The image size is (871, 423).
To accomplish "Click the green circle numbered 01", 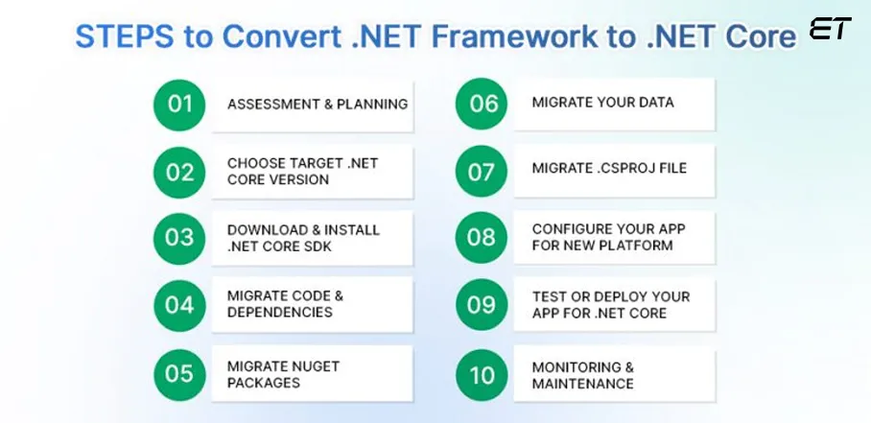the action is point(179,105).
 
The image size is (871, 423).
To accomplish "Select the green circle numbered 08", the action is point(481,238).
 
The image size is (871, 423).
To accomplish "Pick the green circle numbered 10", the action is point(482,375).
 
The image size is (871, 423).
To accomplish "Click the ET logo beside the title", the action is point(830,29).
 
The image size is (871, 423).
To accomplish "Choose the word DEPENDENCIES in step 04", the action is point(280,312).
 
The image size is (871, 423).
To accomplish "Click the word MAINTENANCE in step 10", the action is point(582,384).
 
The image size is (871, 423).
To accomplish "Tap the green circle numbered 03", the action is point(179,238).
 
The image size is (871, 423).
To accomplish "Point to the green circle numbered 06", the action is point(482,104).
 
